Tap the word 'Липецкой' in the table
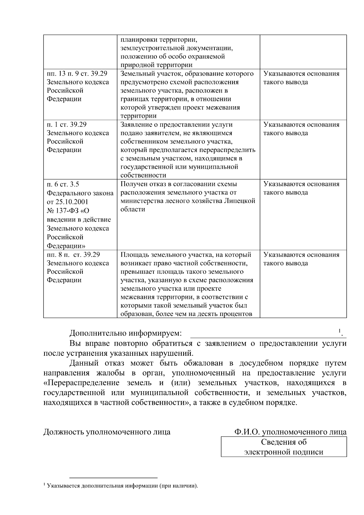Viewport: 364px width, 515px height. point(241,201)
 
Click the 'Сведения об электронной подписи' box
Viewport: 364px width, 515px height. point(284,447)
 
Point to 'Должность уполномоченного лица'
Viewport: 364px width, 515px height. point(107,432)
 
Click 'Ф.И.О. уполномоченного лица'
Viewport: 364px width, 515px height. point(290,432)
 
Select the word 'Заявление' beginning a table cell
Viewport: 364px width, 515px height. point(135,124)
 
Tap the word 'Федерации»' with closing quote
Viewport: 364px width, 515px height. point(66,246)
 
